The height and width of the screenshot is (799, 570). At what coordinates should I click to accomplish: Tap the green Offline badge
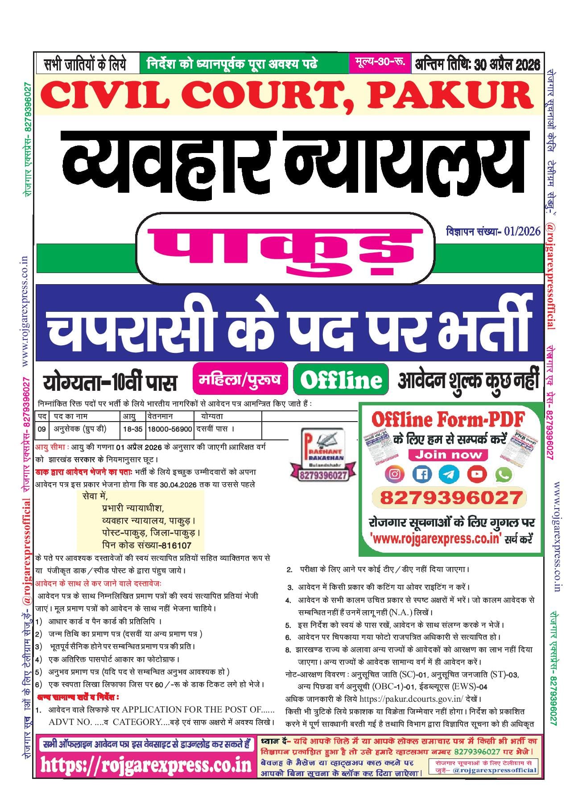[341, 380]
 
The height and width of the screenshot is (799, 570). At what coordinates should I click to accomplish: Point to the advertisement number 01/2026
[522, 231]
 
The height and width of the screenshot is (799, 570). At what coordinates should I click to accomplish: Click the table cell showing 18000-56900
[169, 429]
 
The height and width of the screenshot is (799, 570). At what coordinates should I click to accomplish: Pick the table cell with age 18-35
[132, 429]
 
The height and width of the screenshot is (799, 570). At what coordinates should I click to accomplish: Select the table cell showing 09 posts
[41, 429]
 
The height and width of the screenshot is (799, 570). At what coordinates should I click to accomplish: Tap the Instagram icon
[394, 474]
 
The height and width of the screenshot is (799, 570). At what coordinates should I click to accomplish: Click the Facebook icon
[421, 474]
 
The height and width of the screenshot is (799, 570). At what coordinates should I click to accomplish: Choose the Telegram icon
[449, 474]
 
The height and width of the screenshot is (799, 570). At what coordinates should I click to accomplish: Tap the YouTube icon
[477, 474]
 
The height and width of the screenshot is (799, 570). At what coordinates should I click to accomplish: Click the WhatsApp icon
[504, 474]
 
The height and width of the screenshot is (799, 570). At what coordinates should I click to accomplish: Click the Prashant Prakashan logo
[324, 454]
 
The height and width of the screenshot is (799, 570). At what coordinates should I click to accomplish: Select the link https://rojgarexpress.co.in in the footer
[146, 765]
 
